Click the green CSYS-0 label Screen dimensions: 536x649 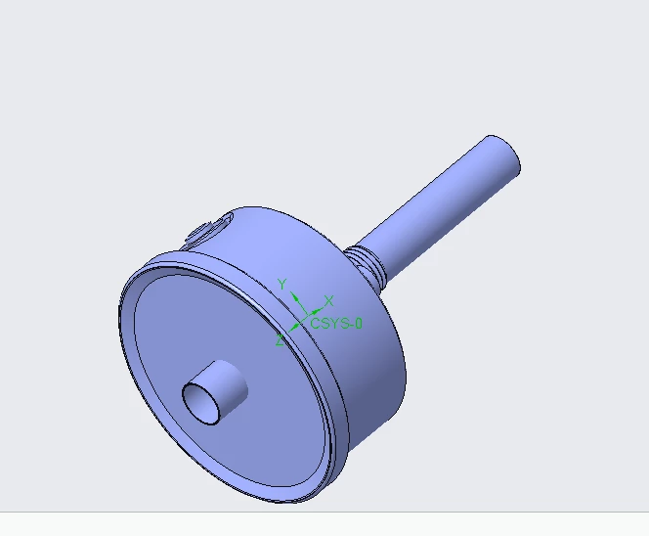point(336,323)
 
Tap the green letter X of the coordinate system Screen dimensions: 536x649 point(329,300)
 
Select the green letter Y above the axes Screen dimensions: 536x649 point(281,284)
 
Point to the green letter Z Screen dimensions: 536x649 point(280,340)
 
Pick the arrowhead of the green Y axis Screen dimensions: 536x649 point(292,294)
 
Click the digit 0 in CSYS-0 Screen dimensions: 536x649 point(358,323)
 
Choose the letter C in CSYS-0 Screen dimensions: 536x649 point(316,323)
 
